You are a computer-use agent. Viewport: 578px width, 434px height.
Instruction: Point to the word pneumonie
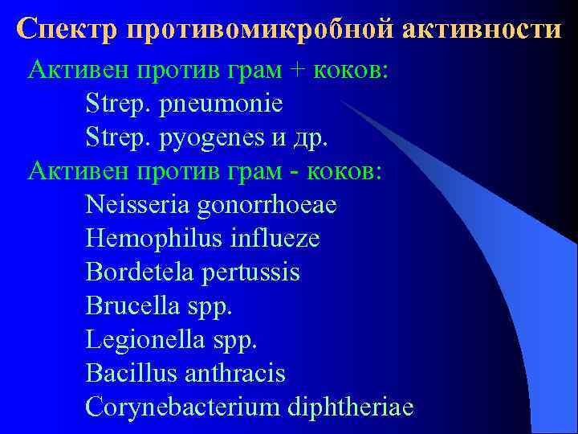[x=222, y=104]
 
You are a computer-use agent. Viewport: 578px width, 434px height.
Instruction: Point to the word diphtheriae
[x=349, y=407]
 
